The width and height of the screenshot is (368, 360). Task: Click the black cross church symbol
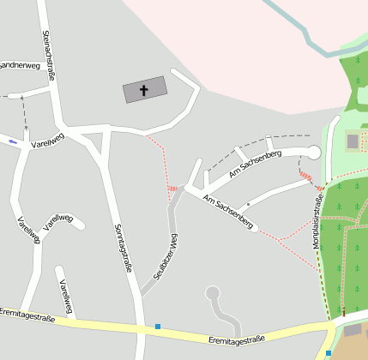pyautogui.click(x=144, y=89)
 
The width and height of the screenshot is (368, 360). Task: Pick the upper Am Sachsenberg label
pyautogui.click(x=255, y=164)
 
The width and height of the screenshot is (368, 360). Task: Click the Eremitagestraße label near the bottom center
pyautogui.click(x=237, y=339)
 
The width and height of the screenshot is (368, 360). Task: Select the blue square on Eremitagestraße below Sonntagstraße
pyautogui.click(x=158, y=326)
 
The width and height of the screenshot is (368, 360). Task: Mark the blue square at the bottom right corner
pyautogui.click(x=328, y=353)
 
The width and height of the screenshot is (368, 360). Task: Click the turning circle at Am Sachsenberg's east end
pyautogui.click(x=313, y=153)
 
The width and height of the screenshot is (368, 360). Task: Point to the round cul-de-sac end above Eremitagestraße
pyautogui.click(x=212, y=294)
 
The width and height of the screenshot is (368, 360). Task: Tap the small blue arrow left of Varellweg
pyautogui.click(x=12, y=141)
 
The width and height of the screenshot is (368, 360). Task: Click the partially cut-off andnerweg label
pyautogui.click(x=19, y=65)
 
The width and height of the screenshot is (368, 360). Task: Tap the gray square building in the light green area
pyautogui.click(x=353, y=141)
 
